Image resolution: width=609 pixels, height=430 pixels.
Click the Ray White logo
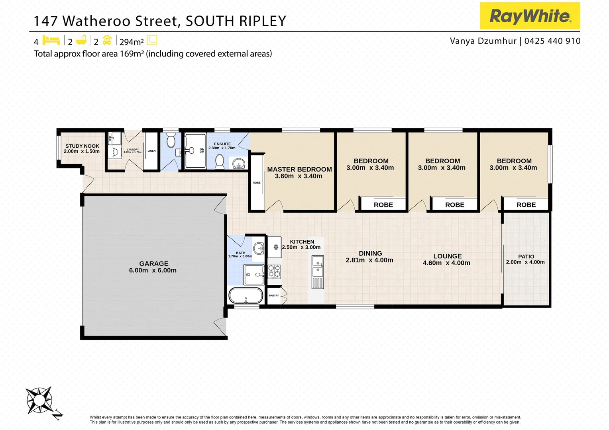point(530,16)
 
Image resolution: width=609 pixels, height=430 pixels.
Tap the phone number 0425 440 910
point(552,41)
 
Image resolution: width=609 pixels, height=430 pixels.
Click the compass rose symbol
point(39,400)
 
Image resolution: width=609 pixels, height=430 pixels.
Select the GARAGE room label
point(154,264)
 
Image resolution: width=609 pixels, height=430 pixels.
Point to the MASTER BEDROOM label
point(299,169)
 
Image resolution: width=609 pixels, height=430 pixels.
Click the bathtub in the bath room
point(246,296)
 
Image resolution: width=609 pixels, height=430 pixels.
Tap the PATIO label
point(526,257)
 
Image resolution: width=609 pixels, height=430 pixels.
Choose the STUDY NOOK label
point(82,146)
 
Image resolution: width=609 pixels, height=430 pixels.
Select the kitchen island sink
point(318,266)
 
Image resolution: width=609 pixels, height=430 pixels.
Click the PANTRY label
point(274,295)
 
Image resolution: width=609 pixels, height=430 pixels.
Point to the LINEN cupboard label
point(151,151)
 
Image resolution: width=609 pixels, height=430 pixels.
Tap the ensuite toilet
point(219,161)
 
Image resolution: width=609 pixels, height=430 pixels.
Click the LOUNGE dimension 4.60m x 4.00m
point(446,263)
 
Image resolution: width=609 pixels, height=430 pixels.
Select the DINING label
point(370,253)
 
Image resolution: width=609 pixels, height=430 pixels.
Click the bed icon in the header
point(51,40)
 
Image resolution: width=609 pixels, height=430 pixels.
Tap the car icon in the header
point(107,40)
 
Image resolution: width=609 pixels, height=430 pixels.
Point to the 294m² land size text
point(132,42)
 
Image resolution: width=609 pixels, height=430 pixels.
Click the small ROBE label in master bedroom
point(257,183)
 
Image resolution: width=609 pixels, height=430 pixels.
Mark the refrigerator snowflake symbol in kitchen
point(275,247)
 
